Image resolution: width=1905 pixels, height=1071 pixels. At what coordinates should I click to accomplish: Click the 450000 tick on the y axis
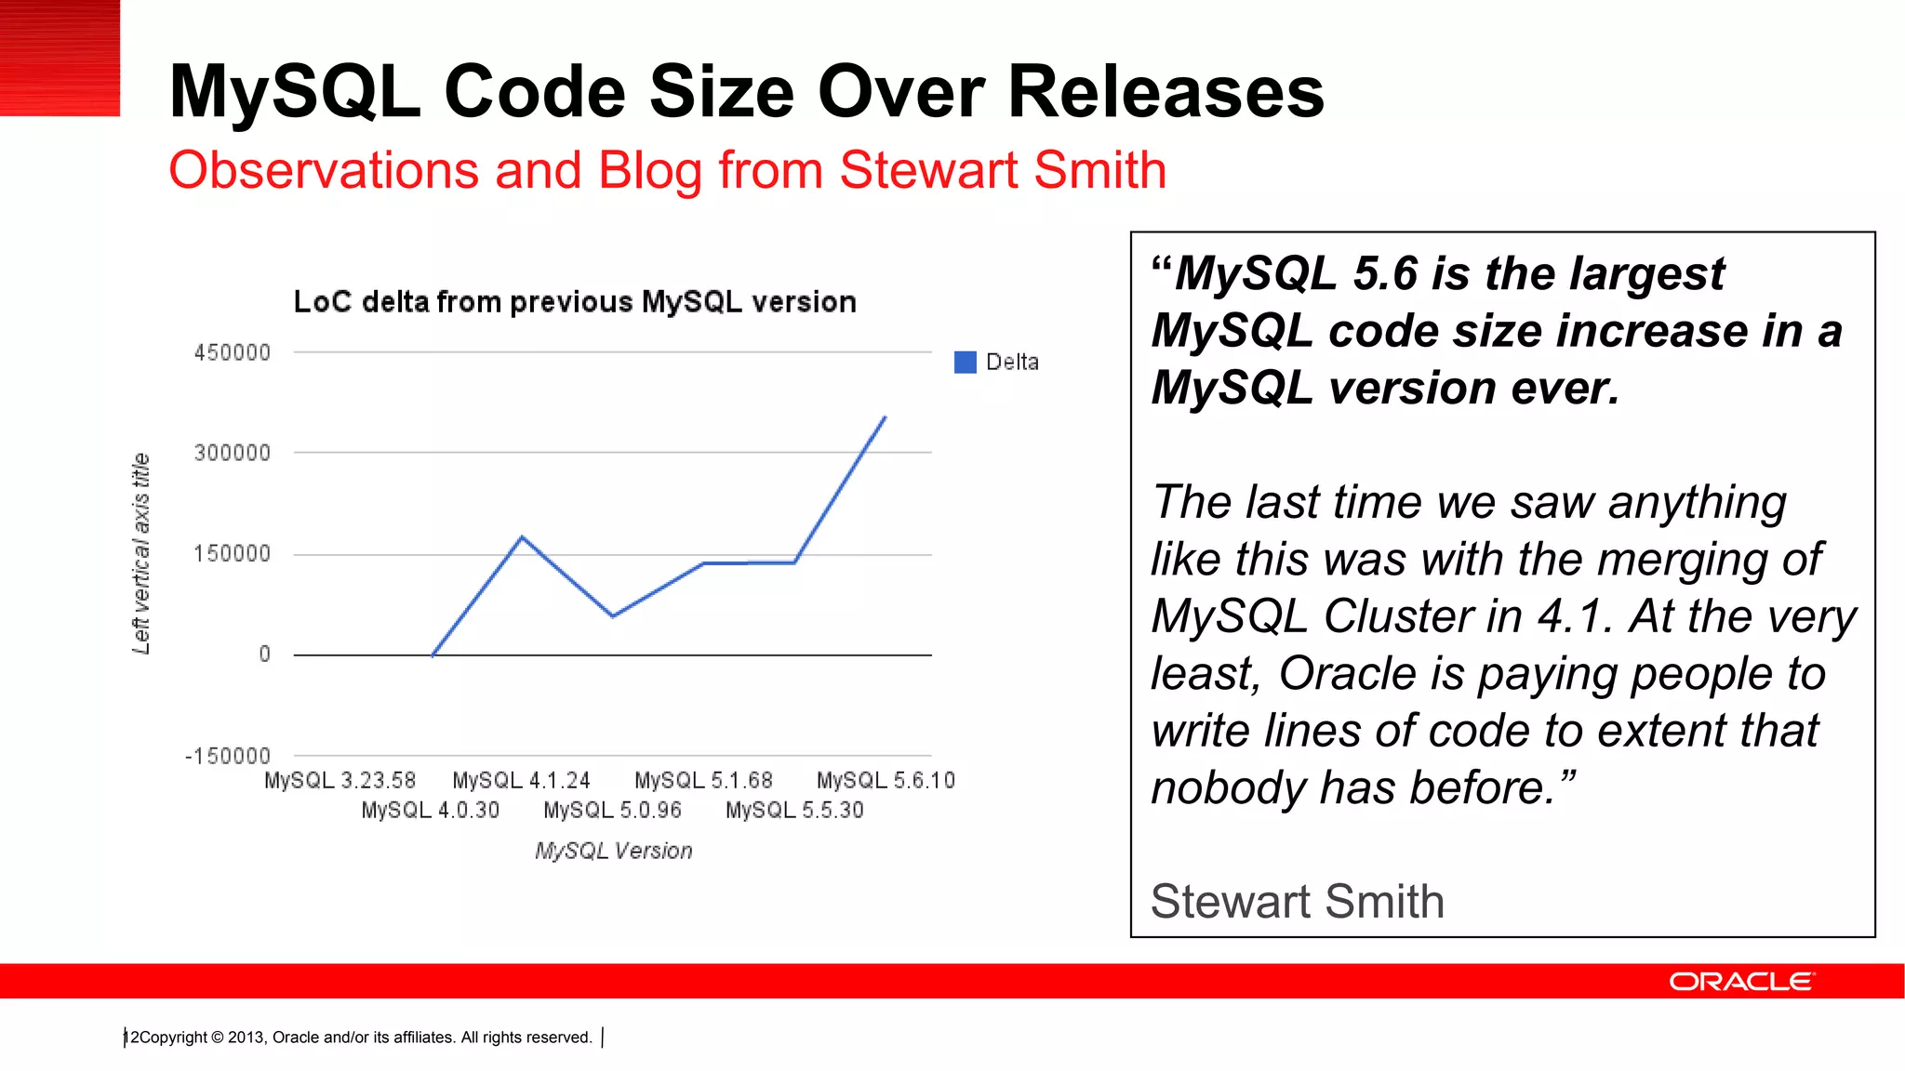pos(232,353)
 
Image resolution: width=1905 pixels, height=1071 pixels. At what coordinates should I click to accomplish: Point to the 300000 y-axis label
pos(232,454)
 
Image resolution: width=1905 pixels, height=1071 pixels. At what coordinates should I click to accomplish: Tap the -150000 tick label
pos(228,756)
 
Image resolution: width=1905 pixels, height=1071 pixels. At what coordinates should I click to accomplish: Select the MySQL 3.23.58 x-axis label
pos(340,781)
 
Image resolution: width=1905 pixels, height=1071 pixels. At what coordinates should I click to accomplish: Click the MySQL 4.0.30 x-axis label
pos(430,811)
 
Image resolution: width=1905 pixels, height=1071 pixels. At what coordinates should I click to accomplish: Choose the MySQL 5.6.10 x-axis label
pos(886,781)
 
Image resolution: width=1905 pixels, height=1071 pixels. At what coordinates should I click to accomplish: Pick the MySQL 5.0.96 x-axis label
pos(612,811)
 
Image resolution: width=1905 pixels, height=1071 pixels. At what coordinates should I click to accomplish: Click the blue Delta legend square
pos(965,363)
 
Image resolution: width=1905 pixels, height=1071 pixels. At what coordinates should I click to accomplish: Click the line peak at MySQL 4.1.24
pos(522,537)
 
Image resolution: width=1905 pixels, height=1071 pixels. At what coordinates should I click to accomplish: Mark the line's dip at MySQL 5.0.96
pos(612,615)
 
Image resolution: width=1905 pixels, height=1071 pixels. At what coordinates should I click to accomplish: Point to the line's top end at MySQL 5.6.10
pos(885,417)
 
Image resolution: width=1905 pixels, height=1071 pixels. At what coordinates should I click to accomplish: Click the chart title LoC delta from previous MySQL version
pos(574,302)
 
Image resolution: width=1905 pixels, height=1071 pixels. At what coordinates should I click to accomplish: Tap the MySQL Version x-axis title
pos(613,851)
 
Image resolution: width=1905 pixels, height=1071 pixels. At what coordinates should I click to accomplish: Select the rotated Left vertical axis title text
pos(140,553)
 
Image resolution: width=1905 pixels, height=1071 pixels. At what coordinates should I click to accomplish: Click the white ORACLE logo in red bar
pos(1740,982)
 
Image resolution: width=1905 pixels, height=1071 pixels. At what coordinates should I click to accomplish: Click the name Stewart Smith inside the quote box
pos(1297,902)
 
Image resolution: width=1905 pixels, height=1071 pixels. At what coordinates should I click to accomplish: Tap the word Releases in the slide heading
pos(1166,92)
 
